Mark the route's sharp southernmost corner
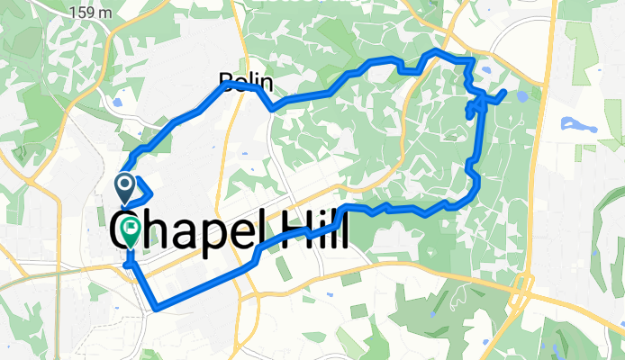click(157, 309)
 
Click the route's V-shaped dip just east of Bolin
click(271, 108)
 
